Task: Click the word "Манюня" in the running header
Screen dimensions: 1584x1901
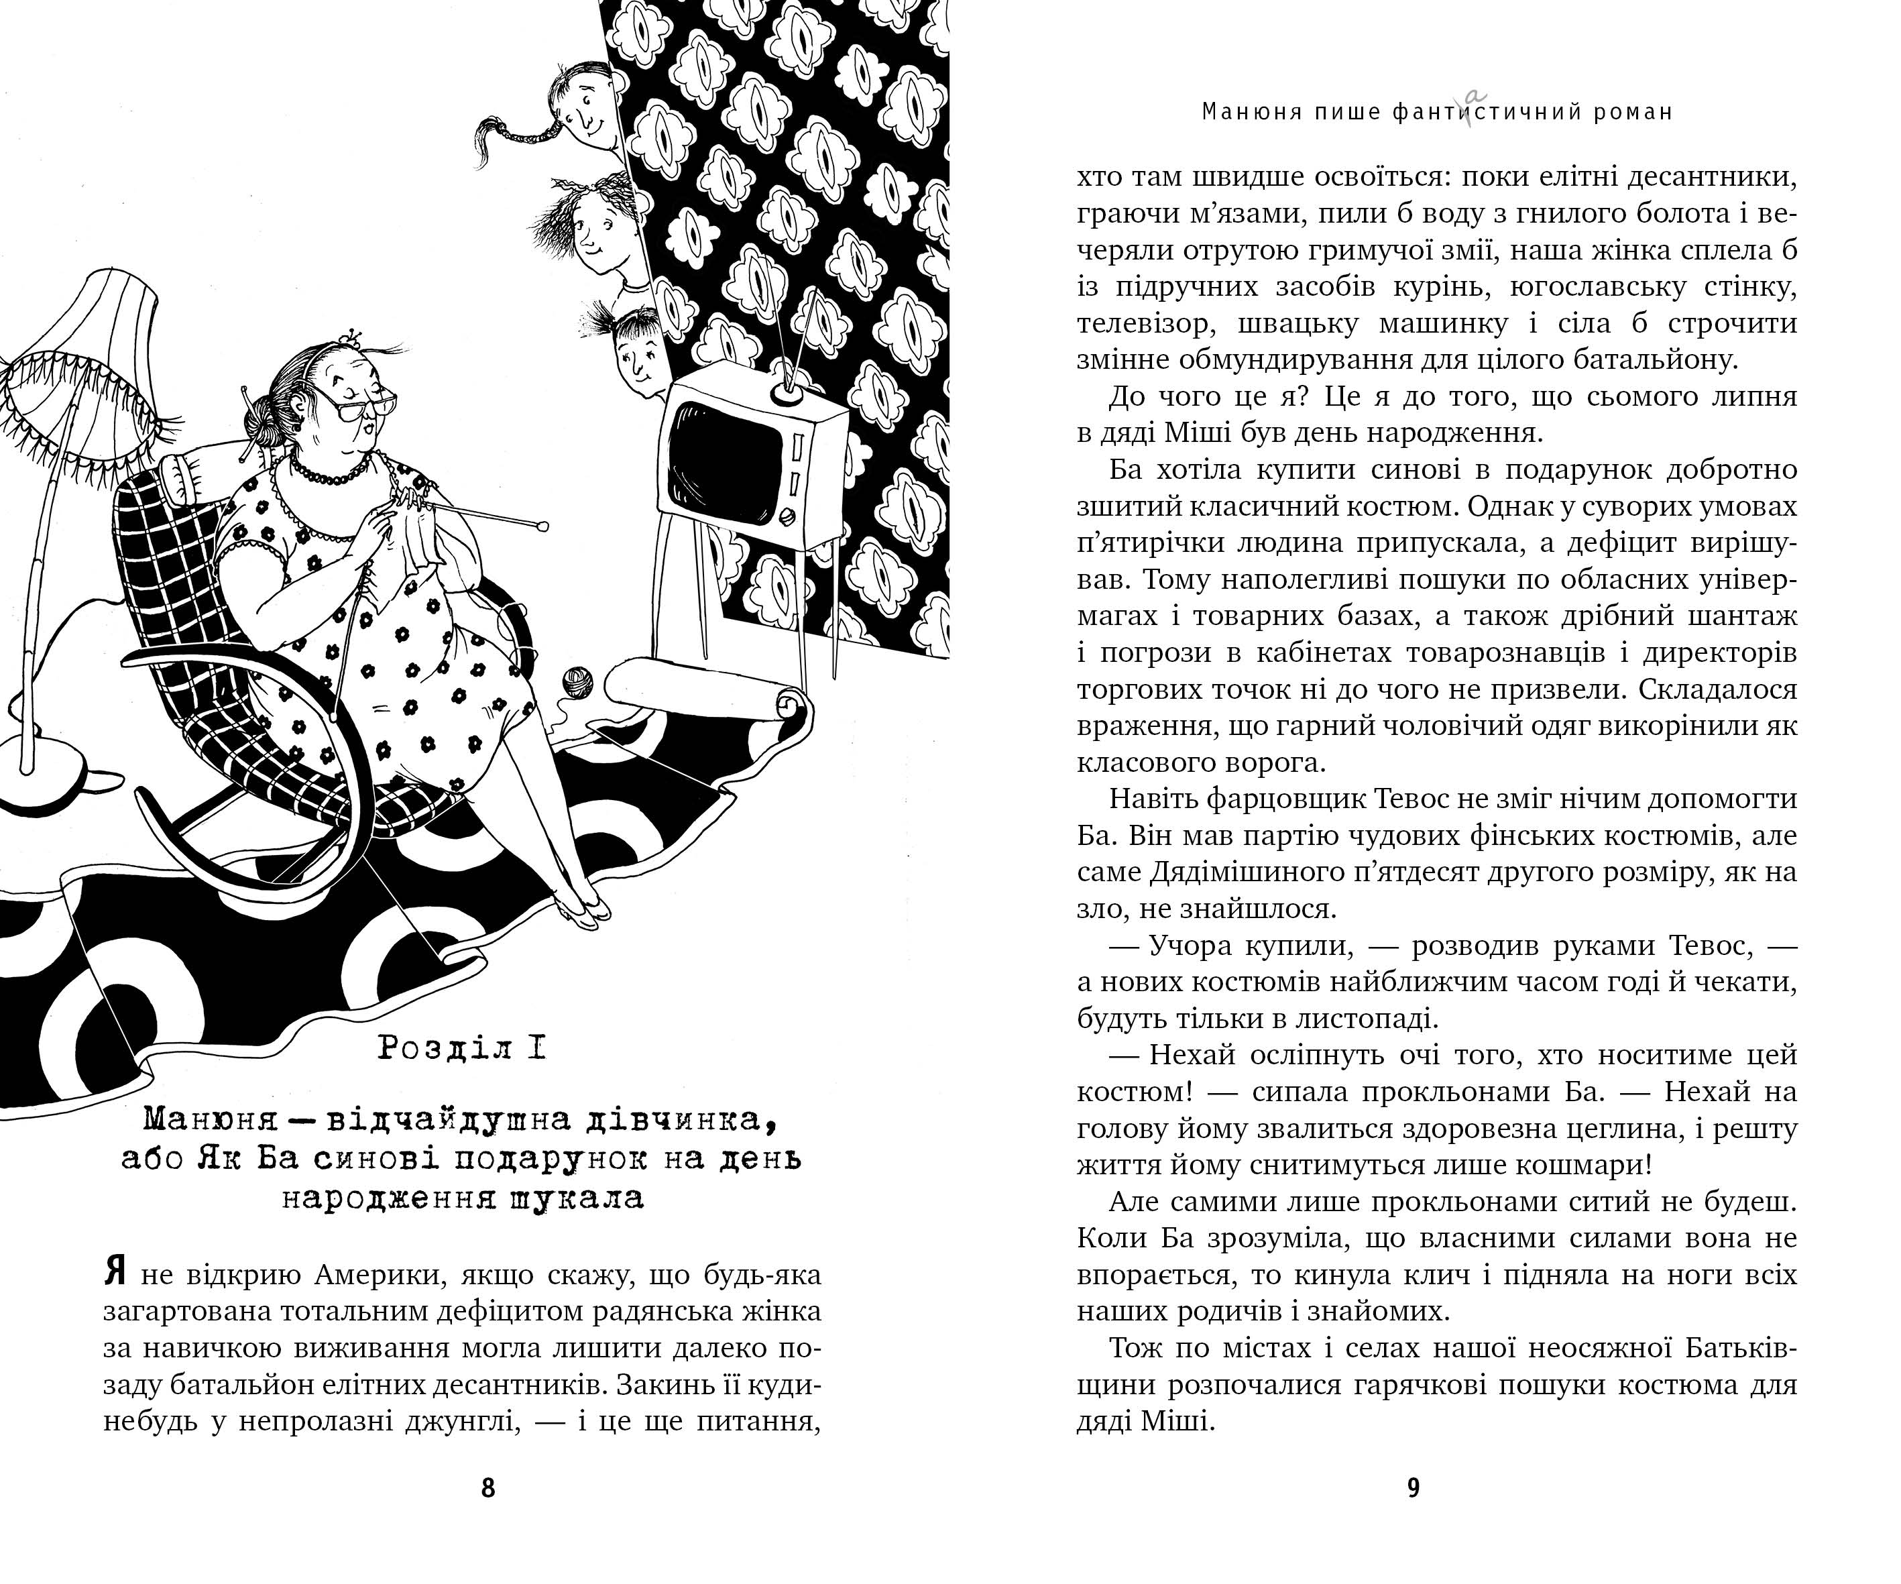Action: tap(1247, 112)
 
